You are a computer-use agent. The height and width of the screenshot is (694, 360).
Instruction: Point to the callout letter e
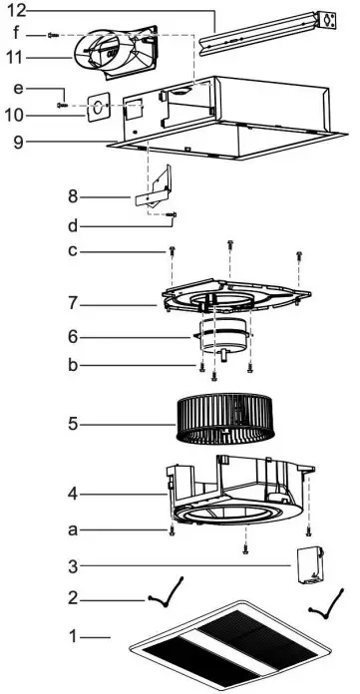tap(18, 91)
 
